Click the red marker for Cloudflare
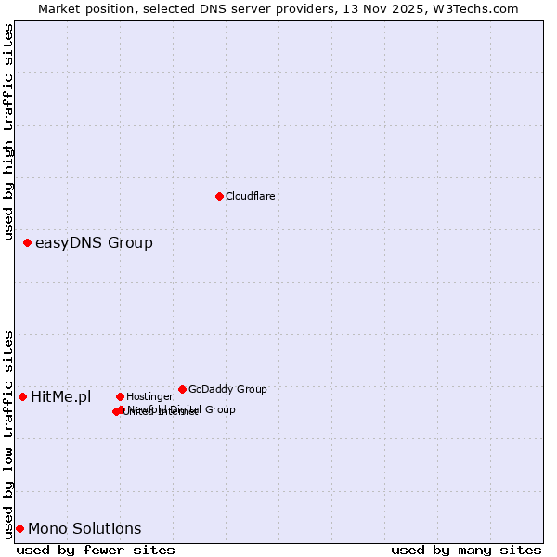point(219,196)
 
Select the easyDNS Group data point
point(27,242)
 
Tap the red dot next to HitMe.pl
point(23,396)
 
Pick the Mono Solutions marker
point(19,528)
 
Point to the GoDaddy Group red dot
point(182,389)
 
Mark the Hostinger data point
point(120,396)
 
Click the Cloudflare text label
point(250,196)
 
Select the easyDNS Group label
point(94,243)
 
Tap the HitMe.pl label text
point(61,397)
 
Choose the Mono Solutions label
point(84,529)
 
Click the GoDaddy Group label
point(227,389)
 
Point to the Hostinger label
point(149,396)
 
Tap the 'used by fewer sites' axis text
point(96,550)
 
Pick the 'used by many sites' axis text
point(466,550)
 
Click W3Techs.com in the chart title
point(476,8)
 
